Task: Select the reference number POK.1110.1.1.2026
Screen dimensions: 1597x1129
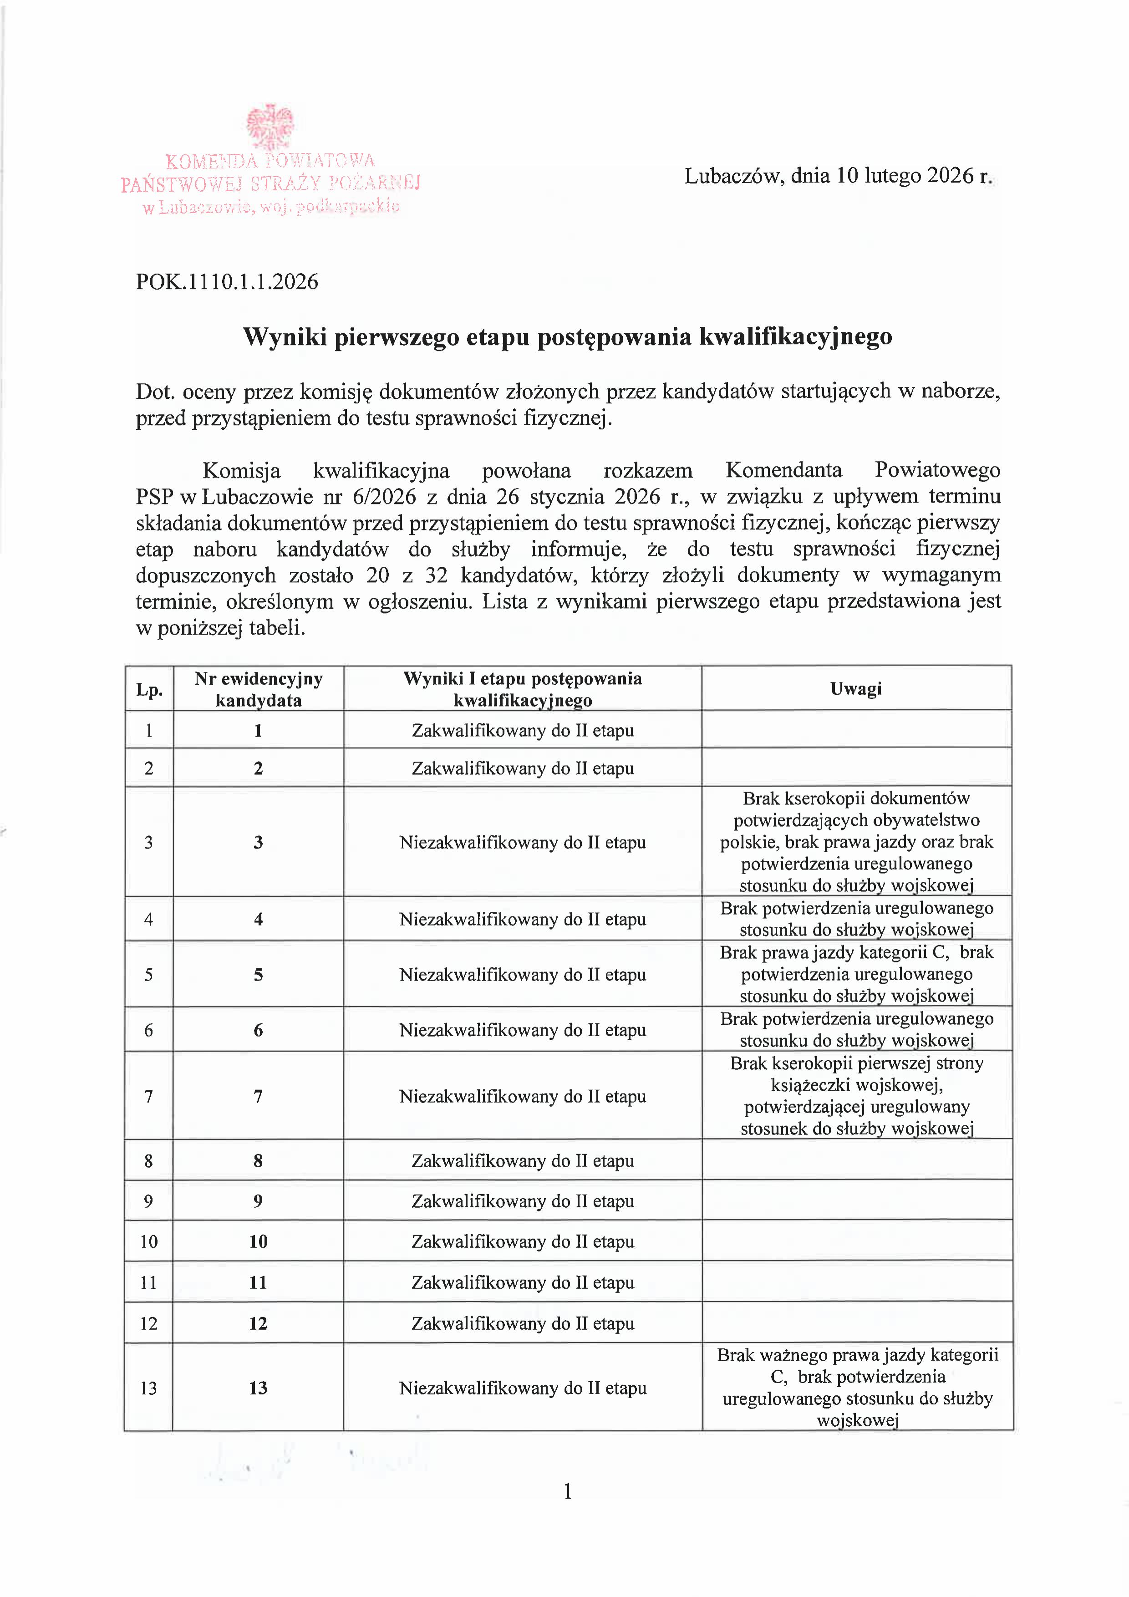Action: pyautogui.click(x=227, y=282)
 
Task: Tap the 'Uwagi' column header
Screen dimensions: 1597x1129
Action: pyautogui.click(x=855, y=689)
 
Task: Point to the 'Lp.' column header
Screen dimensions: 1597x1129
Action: pyautogui.click(x=149, y=690)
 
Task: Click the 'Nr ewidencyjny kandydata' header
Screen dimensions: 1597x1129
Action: pyautogui.click(x=258, y=689)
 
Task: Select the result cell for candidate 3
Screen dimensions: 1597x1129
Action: pyautogui.click(x=523, y=842)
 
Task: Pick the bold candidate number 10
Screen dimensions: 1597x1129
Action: pyautogui.click(x=258, y=1241)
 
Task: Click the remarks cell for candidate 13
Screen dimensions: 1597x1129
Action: pyautogui.click(x=857, y=1388)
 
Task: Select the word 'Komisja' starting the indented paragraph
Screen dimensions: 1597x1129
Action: pyautogui.click(x=241, y=471)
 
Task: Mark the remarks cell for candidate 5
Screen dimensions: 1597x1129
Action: pyautogui.click(x=856, y=974)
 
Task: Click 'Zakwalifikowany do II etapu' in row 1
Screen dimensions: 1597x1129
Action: pyautogui.click(x=523, y=730)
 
